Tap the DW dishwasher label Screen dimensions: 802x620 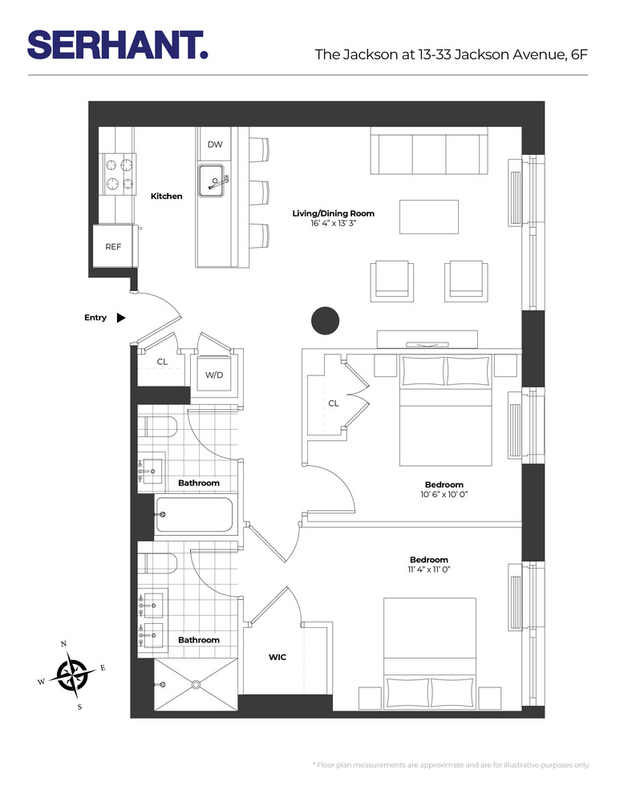click(x=214, y=144)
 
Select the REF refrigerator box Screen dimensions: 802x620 click(x=113, y=247)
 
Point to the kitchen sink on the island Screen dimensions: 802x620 click(x=213, y=177)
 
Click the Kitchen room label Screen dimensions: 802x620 click(x=166, y=196)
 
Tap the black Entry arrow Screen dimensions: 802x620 click(x=121, y=318)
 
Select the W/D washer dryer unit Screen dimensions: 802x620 click(x=213, y=375)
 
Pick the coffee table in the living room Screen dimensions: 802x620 click(x=429, y=217)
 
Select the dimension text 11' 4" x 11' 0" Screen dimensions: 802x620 click(x=428, y=570)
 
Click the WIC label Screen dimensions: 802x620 click(x=278, y=657)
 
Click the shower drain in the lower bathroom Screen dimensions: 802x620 click(x=196, y=685)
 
